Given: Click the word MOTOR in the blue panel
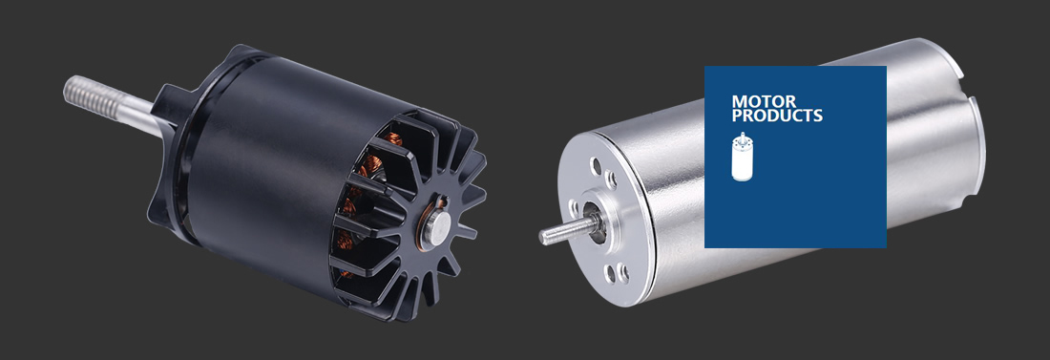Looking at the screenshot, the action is [764, 102].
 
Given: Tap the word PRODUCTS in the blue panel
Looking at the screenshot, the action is [777, 116].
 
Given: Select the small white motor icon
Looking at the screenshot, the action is [742, 157].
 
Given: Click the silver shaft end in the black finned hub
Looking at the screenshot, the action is [435, 229].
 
